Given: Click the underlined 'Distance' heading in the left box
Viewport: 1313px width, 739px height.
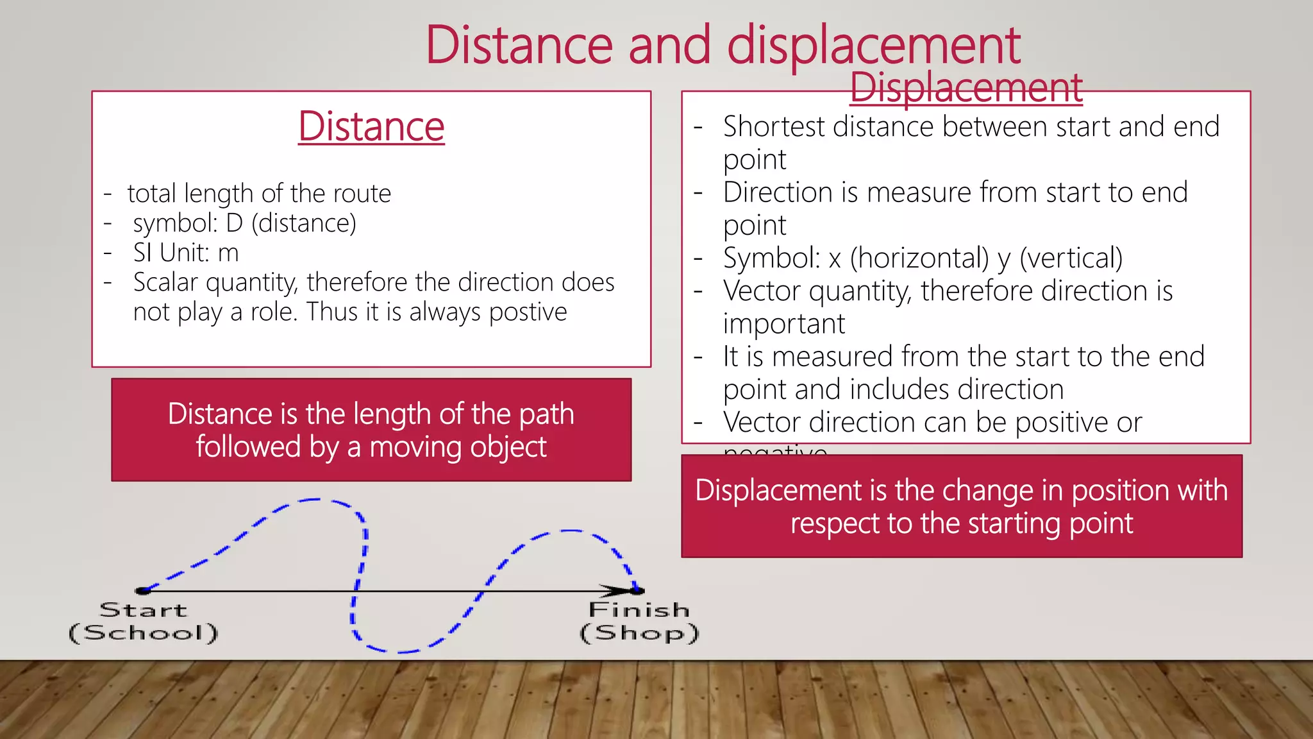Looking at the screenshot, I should tap(371, 126).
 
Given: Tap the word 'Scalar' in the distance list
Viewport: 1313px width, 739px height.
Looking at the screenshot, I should tap(166, 282).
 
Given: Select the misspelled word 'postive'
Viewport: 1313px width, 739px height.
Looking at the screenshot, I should tap(528, 312).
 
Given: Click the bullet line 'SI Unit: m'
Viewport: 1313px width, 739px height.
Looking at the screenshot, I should tap(185, 253).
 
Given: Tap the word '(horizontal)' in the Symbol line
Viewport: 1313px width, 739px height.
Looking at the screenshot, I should tap(919, 258).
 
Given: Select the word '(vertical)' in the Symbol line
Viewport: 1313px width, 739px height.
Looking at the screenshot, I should tap(1071, 258).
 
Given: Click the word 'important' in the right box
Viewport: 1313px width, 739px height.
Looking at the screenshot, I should tap(783, 324).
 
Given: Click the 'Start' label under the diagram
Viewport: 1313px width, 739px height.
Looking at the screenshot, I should tap(144, 609).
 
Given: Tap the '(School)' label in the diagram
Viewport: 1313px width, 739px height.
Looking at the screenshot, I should tap(144, 633).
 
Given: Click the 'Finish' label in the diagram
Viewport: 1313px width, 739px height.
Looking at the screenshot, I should tap(639, 609).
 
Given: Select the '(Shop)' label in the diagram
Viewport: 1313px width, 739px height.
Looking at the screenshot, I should tap(639, 633).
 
